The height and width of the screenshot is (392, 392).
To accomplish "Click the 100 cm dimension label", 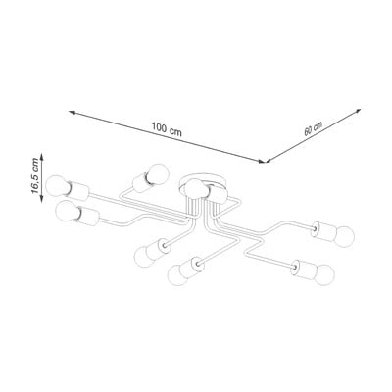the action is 167,129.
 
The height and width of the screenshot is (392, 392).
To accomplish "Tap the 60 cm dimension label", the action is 314,128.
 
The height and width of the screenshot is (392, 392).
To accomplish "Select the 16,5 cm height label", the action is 35,176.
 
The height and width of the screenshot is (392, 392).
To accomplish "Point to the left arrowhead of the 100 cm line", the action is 73,113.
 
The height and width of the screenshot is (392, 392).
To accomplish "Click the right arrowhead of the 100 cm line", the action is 262,161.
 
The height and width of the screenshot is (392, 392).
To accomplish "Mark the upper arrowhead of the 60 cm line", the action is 358,111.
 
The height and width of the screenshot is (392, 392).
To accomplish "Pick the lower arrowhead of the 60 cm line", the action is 269,160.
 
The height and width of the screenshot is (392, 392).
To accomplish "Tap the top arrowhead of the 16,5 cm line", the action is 41,157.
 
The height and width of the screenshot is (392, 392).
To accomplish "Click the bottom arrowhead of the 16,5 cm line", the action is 41,198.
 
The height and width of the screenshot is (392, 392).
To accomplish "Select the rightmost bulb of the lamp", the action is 344,235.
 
